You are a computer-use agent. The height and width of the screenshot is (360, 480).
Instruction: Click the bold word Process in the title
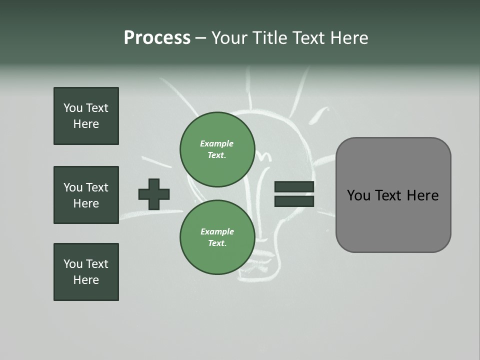(157, 38)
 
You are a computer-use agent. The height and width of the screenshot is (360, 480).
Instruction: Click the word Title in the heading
(268, 38)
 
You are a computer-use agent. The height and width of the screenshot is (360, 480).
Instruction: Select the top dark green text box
(86, 116)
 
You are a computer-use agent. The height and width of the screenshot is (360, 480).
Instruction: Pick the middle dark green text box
(86, 195)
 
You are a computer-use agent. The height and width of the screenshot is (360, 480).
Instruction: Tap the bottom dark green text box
(86, 272)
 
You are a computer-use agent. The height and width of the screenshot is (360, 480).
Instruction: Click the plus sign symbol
(154, 194)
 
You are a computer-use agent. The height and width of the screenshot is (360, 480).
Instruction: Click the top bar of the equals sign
(294, 186)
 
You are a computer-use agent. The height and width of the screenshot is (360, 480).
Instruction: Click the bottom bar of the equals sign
(294, 201)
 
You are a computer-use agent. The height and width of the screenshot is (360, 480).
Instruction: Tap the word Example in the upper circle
(217, 143)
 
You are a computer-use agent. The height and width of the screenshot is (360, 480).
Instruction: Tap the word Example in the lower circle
(217, 231)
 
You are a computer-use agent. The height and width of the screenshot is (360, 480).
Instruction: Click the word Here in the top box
(86, 124)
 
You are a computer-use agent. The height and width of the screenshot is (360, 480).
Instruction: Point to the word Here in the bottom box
(86, 280)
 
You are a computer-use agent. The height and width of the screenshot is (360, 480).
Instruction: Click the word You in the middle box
(73, 187)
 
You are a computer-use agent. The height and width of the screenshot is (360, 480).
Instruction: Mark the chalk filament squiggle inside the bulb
(263, 155)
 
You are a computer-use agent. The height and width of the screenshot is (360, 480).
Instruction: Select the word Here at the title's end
(349, 38)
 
